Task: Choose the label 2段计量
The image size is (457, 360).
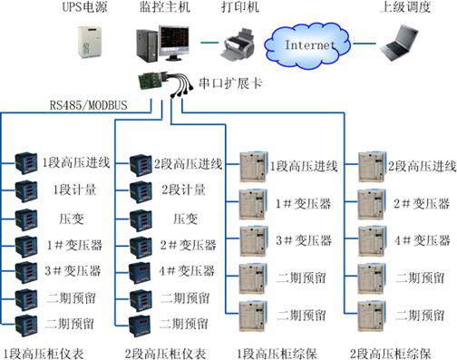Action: coord(178,190)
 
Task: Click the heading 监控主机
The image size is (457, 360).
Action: coord(162,8)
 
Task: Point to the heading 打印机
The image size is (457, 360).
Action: coord(239,8)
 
